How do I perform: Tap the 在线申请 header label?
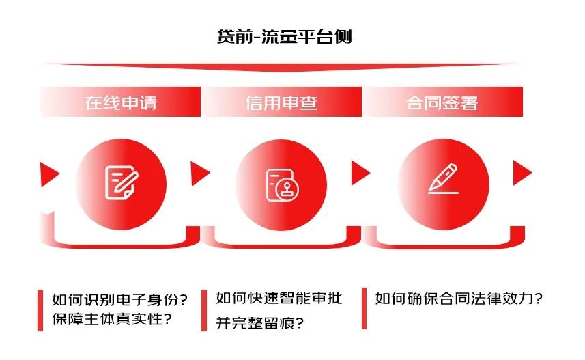pos(121,103)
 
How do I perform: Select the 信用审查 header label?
pos(281,103)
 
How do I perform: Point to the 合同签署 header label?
pos(442,103)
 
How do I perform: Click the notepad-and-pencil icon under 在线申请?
pos(122,182)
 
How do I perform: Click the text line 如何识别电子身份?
pos(120,299)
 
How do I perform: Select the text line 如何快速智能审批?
pos(279,298)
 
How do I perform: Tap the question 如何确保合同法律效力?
pos(459,299)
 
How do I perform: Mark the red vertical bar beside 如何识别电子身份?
pos(42,309)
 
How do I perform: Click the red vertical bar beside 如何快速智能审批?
pos(204,309)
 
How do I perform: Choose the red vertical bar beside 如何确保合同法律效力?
pos(365,308)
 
